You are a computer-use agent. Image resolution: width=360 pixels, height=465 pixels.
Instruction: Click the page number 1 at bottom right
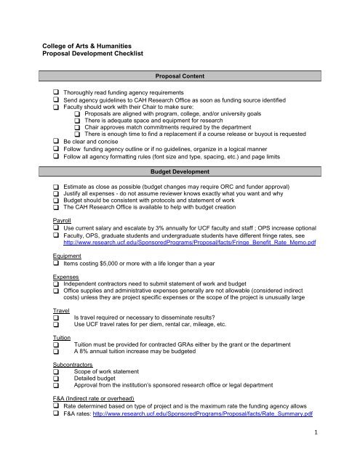(341, 451)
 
